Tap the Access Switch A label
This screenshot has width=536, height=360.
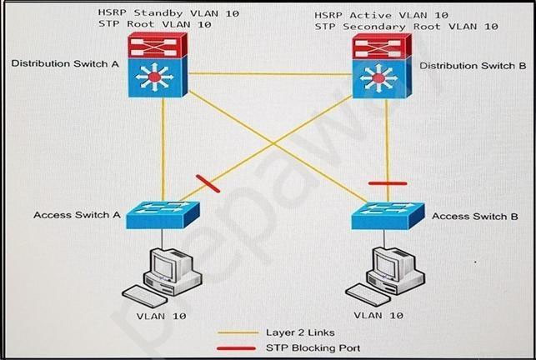click(77, 214)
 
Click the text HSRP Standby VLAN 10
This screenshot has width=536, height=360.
click(163, 13)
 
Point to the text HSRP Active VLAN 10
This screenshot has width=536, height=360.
click(382, 15)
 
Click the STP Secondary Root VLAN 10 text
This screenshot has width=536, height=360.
click(407, 27)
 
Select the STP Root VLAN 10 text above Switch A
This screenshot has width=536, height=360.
click(154, 25)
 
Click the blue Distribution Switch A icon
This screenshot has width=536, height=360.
click(155, 78)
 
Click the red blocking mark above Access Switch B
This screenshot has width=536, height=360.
click(388, 182)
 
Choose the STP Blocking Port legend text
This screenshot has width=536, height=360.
click(313, 347)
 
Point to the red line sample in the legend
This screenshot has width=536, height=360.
click(238, 347)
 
